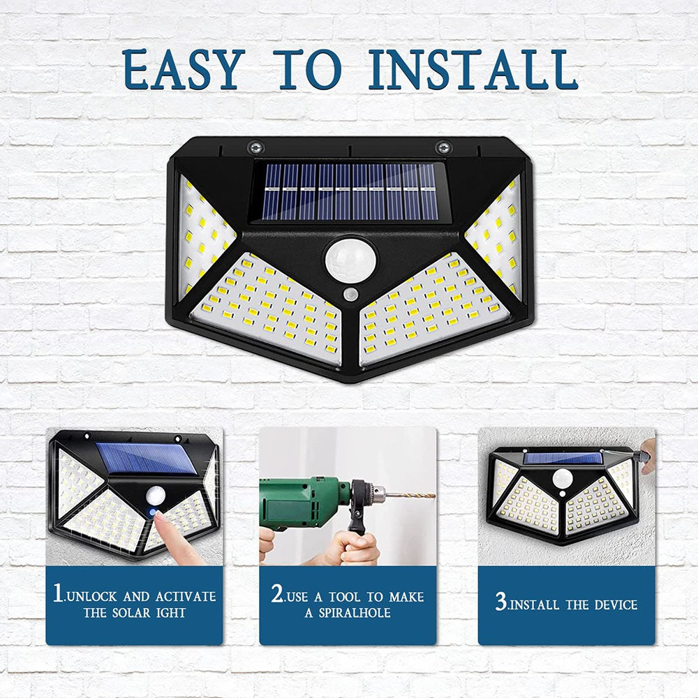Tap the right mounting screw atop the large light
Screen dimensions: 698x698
[x=442, y=147]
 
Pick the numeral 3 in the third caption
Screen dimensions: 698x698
[x=500, y=602]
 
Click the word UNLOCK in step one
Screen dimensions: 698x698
[x=94, y=597]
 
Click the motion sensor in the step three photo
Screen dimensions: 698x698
[x=563, y=478]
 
